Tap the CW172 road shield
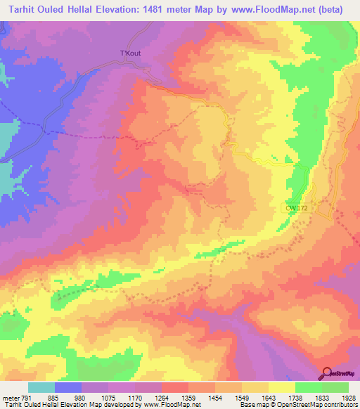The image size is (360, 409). (298, 207)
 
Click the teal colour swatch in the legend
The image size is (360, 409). (41, 387)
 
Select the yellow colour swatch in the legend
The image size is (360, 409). (281, 387)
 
